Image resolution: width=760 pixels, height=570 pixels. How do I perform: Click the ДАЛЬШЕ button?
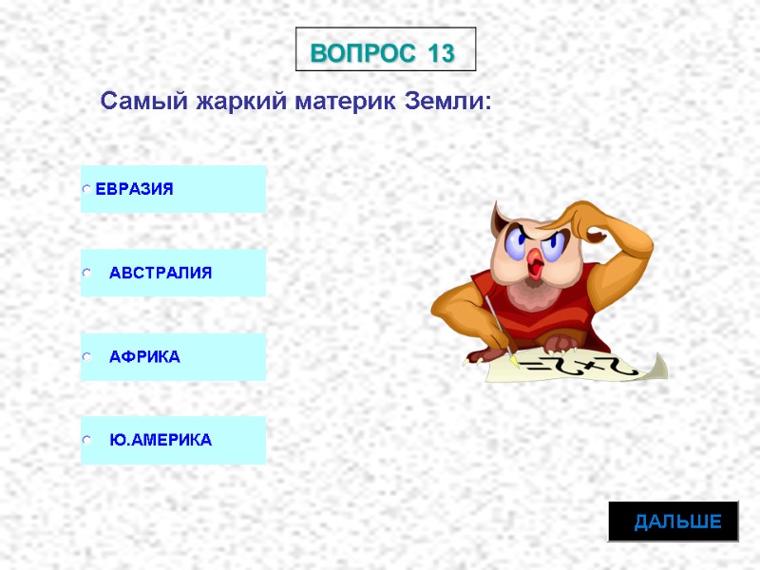click(677, 522)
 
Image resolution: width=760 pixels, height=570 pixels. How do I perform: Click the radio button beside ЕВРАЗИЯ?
click(86, 189)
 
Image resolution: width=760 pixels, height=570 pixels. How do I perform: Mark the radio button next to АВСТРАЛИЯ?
click(86, 274)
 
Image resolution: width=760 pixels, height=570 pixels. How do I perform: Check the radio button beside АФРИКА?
click(86, 358)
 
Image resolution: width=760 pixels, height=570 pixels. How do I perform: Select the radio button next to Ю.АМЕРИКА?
click(86, 442)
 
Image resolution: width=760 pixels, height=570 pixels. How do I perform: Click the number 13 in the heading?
click(441, 53)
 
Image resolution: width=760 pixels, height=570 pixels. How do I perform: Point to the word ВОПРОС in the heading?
click(365, 53)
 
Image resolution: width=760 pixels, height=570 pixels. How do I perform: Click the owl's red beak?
click(538, 263)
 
